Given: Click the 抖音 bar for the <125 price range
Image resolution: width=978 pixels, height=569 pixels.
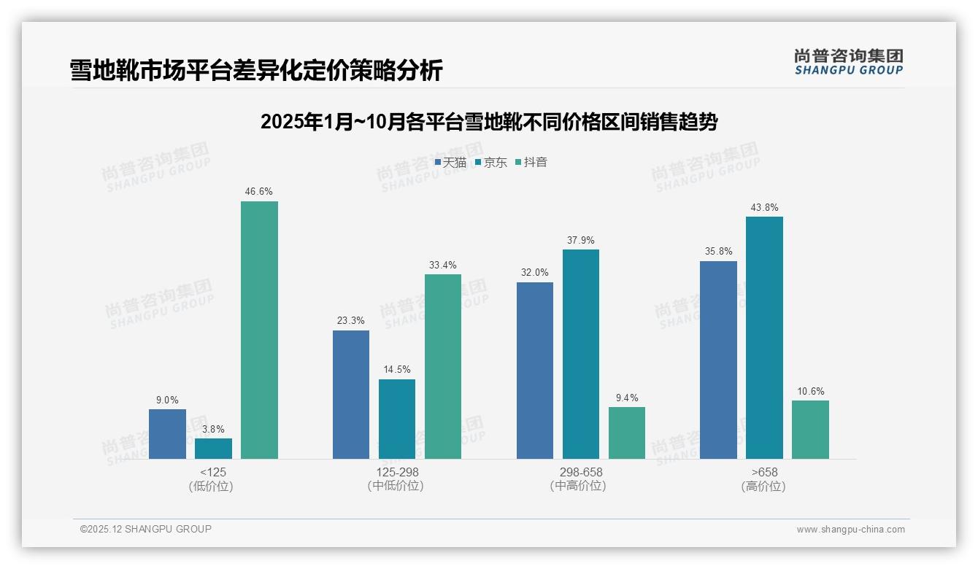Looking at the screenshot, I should [259, 330].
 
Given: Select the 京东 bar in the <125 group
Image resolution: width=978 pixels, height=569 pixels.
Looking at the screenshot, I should [213, 449].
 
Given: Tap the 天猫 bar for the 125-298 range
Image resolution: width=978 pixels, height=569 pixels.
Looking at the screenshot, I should [351, 395].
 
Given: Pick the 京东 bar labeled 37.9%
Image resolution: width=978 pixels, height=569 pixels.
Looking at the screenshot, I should [581, 354].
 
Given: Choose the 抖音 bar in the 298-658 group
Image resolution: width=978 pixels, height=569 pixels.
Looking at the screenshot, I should [627, 433].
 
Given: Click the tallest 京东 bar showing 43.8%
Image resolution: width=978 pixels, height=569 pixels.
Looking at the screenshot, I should [764, 338].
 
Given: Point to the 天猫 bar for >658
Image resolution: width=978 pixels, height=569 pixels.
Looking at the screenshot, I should [718, 360].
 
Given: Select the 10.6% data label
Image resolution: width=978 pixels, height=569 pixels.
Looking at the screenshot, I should [810, 392].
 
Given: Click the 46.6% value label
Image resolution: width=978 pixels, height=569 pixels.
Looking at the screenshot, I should [259, 192].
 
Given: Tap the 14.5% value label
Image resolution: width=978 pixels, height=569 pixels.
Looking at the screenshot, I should [397, 370].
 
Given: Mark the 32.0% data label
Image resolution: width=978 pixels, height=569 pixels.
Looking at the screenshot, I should [535, 273].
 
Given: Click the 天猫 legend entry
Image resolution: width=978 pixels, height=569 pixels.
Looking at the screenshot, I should [450, 163].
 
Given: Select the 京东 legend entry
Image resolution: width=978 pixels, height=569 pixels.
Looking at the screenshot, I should [491, 163].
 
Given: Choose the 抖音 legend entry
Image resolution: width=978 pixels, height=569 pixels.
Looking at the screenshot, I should [532, 163].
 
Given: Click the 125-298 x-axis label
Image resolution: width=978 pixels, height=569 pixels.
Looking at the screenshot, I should [397, 473].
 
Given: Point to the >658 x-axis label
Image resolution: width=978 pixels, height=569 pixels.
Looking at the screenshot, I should [764, 473].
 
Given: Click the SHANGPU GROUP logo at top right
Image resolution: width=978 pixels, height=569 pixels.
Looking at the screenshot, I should [849, 62].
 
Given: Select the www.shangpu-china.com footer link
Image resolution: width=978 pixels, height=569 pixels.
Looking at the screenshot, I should [850, 530].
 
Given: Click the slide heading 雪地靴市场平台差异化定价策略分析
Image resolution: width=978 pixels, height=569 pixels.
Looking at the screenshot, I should [256, 71].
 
